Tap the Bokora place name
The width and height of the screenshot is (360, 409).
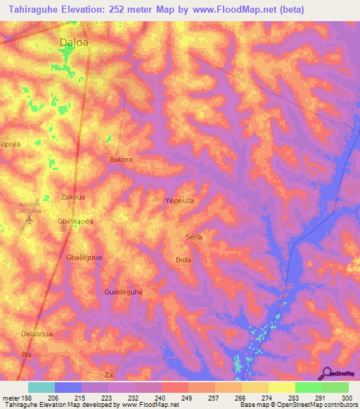(121, 160)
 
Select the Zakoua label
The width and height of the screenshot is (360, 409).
(74, 197)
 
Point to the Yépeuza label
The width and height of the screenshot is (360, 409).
(179, 200)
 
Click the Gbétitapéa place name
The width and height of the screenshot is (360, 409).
(75, 219)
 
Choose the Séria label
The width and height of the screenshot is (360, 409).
(193, 237)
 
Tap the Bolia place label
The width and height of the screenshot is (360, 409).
(183, 260)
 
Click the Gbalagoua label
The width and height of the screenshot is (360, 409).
(84, 257)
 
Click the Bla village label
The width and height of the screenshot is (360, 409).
(27, 355)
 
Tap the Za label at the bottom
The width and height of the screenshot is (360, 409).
(108, 375)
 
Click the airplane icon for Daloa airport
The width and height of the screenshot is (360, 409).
(30, 219)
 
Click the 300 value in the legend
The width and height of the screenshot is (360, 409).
(344, 398)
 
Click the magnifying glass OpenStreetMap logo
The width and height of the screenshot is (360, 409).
(326, 373)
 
